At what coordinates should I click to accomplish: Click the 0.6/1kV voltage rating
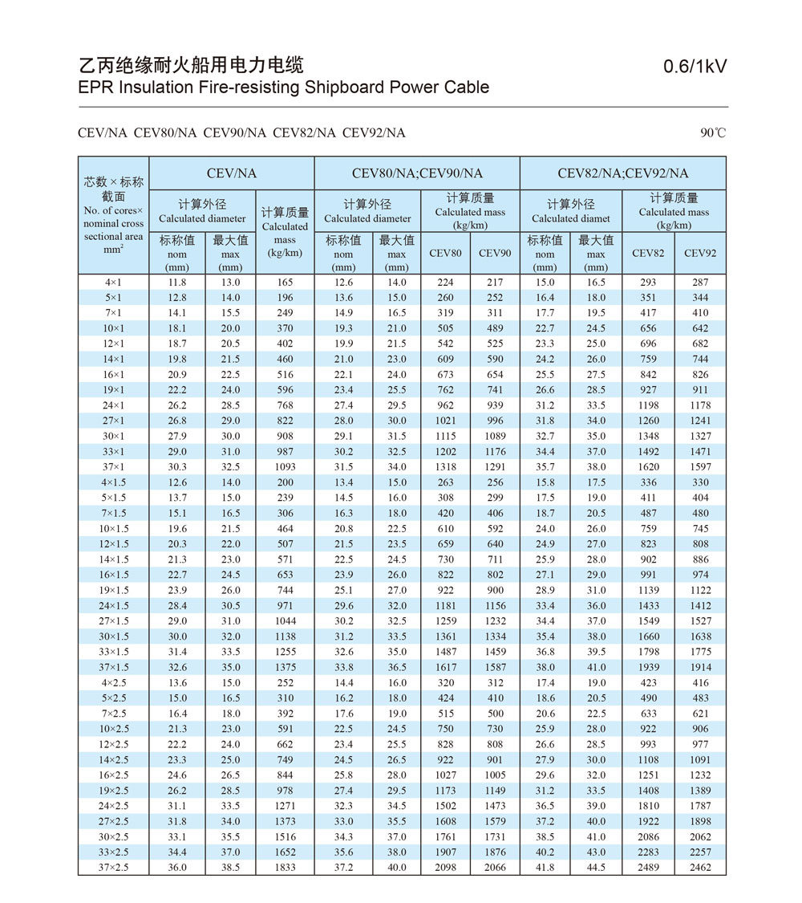coord(695,67)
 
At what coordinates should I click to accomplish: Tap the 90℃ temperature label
coord(712,132)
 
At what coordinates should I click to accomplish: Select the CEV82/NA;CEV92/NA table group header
coord(623,173)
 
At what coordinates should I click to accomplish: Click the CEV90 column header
coord(495,253)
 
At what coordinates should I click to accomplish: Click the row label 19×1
coord(113,390)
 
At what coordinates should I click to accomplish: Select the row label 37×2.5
coord(113,868)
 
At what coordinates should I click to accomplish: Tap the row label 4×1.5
coord(113,482)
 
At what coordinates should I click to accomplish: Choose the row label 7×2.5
coord(113,714)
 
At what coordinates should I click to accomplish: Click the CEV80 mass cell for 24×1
coord(446,405)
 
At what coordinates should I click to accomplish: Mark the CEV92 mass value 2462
coord(700,868)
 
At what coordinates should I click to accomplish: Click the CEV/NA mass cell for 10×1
coord(285,328)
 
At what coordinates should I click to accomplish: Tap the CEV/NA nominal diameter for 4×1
coord(177,283)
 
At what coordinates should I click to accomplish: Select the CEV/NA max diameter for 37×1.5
coord(230,668)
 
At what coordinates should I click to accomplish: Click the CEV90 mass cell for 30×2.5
coord(495,837)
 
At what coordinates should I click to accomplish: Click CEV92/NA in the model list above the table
coord(374,132)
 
